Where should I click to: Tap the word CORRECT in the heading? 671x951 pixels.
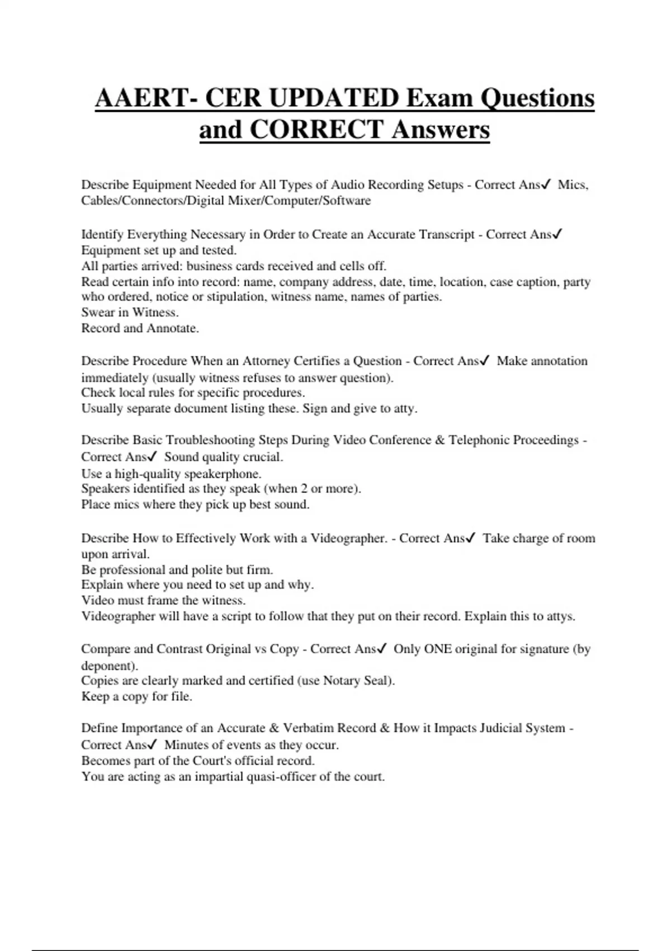point(316,130)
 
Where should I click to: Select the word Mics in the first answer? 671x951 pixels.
point(572,185)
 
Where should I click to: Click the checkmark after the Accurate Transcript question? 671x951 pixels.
point(557,234)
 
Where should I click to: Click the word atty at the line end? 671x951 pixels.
point(405,408)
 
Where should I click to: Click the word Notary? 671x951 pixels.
point(342,681)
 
